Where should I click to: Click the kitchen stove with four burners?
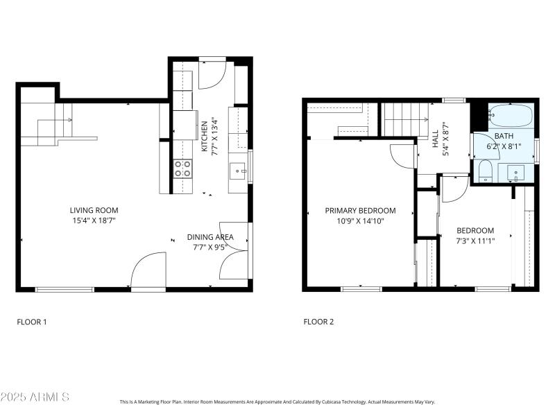[x=182, y=168]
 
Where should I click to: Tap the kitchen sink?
[x=238, y=170]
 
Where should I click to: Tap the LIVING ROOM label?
[x=94, y=210]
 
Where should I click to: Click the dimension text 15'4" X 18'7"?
[x=94, y=220]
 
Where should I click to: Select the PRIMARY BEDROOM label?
[x=361, y=211]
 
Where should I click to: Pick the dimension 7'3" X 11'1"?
[x=475, y=241]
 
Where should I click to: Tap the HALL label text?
[x=436, y=137]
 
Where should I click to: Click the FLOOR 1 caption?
[x=31, y=322]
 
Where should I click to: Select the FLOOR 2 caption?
[x=318, y=322]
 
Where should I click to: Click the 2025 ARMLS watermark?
[x=35, y=397]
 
